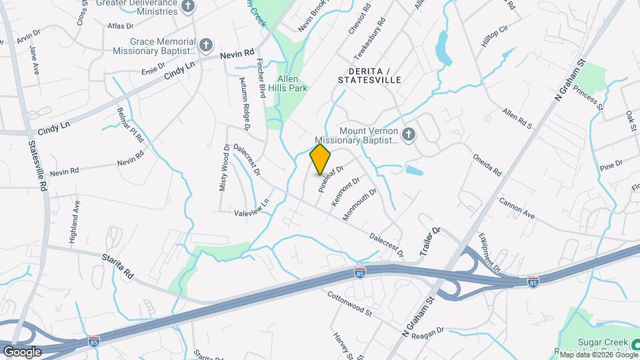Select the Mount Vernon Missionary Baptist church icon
click(x=409, y=135)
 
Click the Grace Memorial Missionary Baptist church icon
click(x=206, y=45)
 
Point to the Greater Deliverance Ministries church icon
click(x=189, y=7)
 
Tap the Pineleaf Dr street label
click(x=330, y=179)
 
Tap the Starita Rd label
click(x=118, y=265)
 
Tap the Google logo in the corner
click(x=22, y=351)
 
